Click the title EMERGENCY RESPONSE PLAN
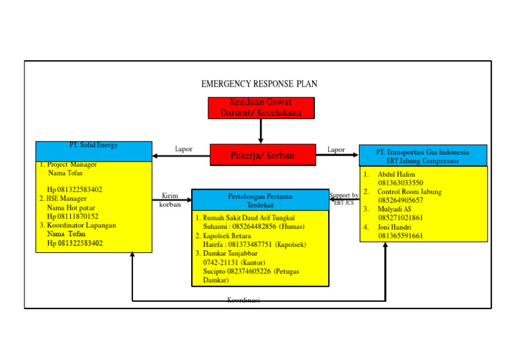coord(259,84)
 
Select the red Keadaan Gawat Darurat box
coord(261,108)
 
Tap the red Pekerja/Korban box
coord(263,156)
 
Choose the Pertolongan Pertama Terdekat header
coord(260,200)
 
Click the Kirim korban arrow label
coord(170,200)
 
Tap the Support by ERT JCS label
coord(344,199)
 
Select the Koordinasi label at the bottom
coord(243,300)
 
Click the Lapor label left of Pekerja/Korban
coord(183,150)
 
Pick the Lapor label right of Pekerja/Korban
coord(336,150)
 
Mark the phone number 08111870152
coord(73,216)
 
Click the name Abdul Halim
coord(396,174)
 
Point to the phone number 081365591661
coord(400,236)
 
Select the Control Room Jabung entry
coord(409,192)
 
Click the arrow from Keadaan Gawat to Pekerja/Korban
coord(261,131)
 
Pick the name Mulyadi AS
coord(394,209)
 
